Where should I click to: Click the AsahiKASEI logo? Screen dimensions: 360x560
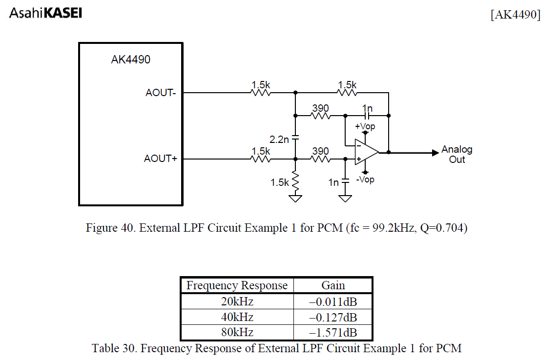(x=45, y=13)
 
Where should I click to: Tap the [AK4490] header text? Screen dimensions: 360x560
(x=516, y=15)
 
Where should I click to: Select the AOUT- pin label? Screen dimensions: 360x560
(x=161, y=93)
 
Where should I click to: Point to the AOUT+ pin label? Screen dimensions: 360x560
(x=160, y=159)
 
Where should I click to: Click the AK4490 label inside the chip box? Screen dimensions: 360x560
(x=130, y=60)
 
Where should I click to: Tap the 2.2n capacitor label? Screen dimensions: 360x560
(x=279, y=139)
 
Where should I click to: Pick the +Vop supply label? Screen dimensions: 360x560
(x=365, y=126)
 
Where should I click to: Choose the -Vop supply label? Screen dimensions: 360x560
(x=365, y=180)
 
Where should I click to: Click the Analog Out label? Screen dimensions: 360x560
(x=456, y=154)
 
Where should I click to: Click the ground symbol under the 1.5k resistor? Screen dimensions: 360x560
(x=295, y=198)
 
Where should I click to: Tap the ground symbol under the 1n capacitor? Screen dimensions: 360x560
(x=345, y=198)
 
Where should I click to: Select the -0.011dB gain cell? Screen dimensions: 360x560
(x=333, y=301)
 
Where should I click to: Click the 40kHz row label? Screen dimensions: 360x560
(x=237, y=317)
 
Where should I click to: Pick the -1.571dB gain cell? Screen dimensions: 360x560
(x=333, y=333)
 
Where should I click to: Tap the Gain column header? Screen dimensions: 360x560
(x=333, y=285)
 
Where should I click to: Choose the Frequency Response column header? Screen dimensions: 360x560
(x=237, y=285)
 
